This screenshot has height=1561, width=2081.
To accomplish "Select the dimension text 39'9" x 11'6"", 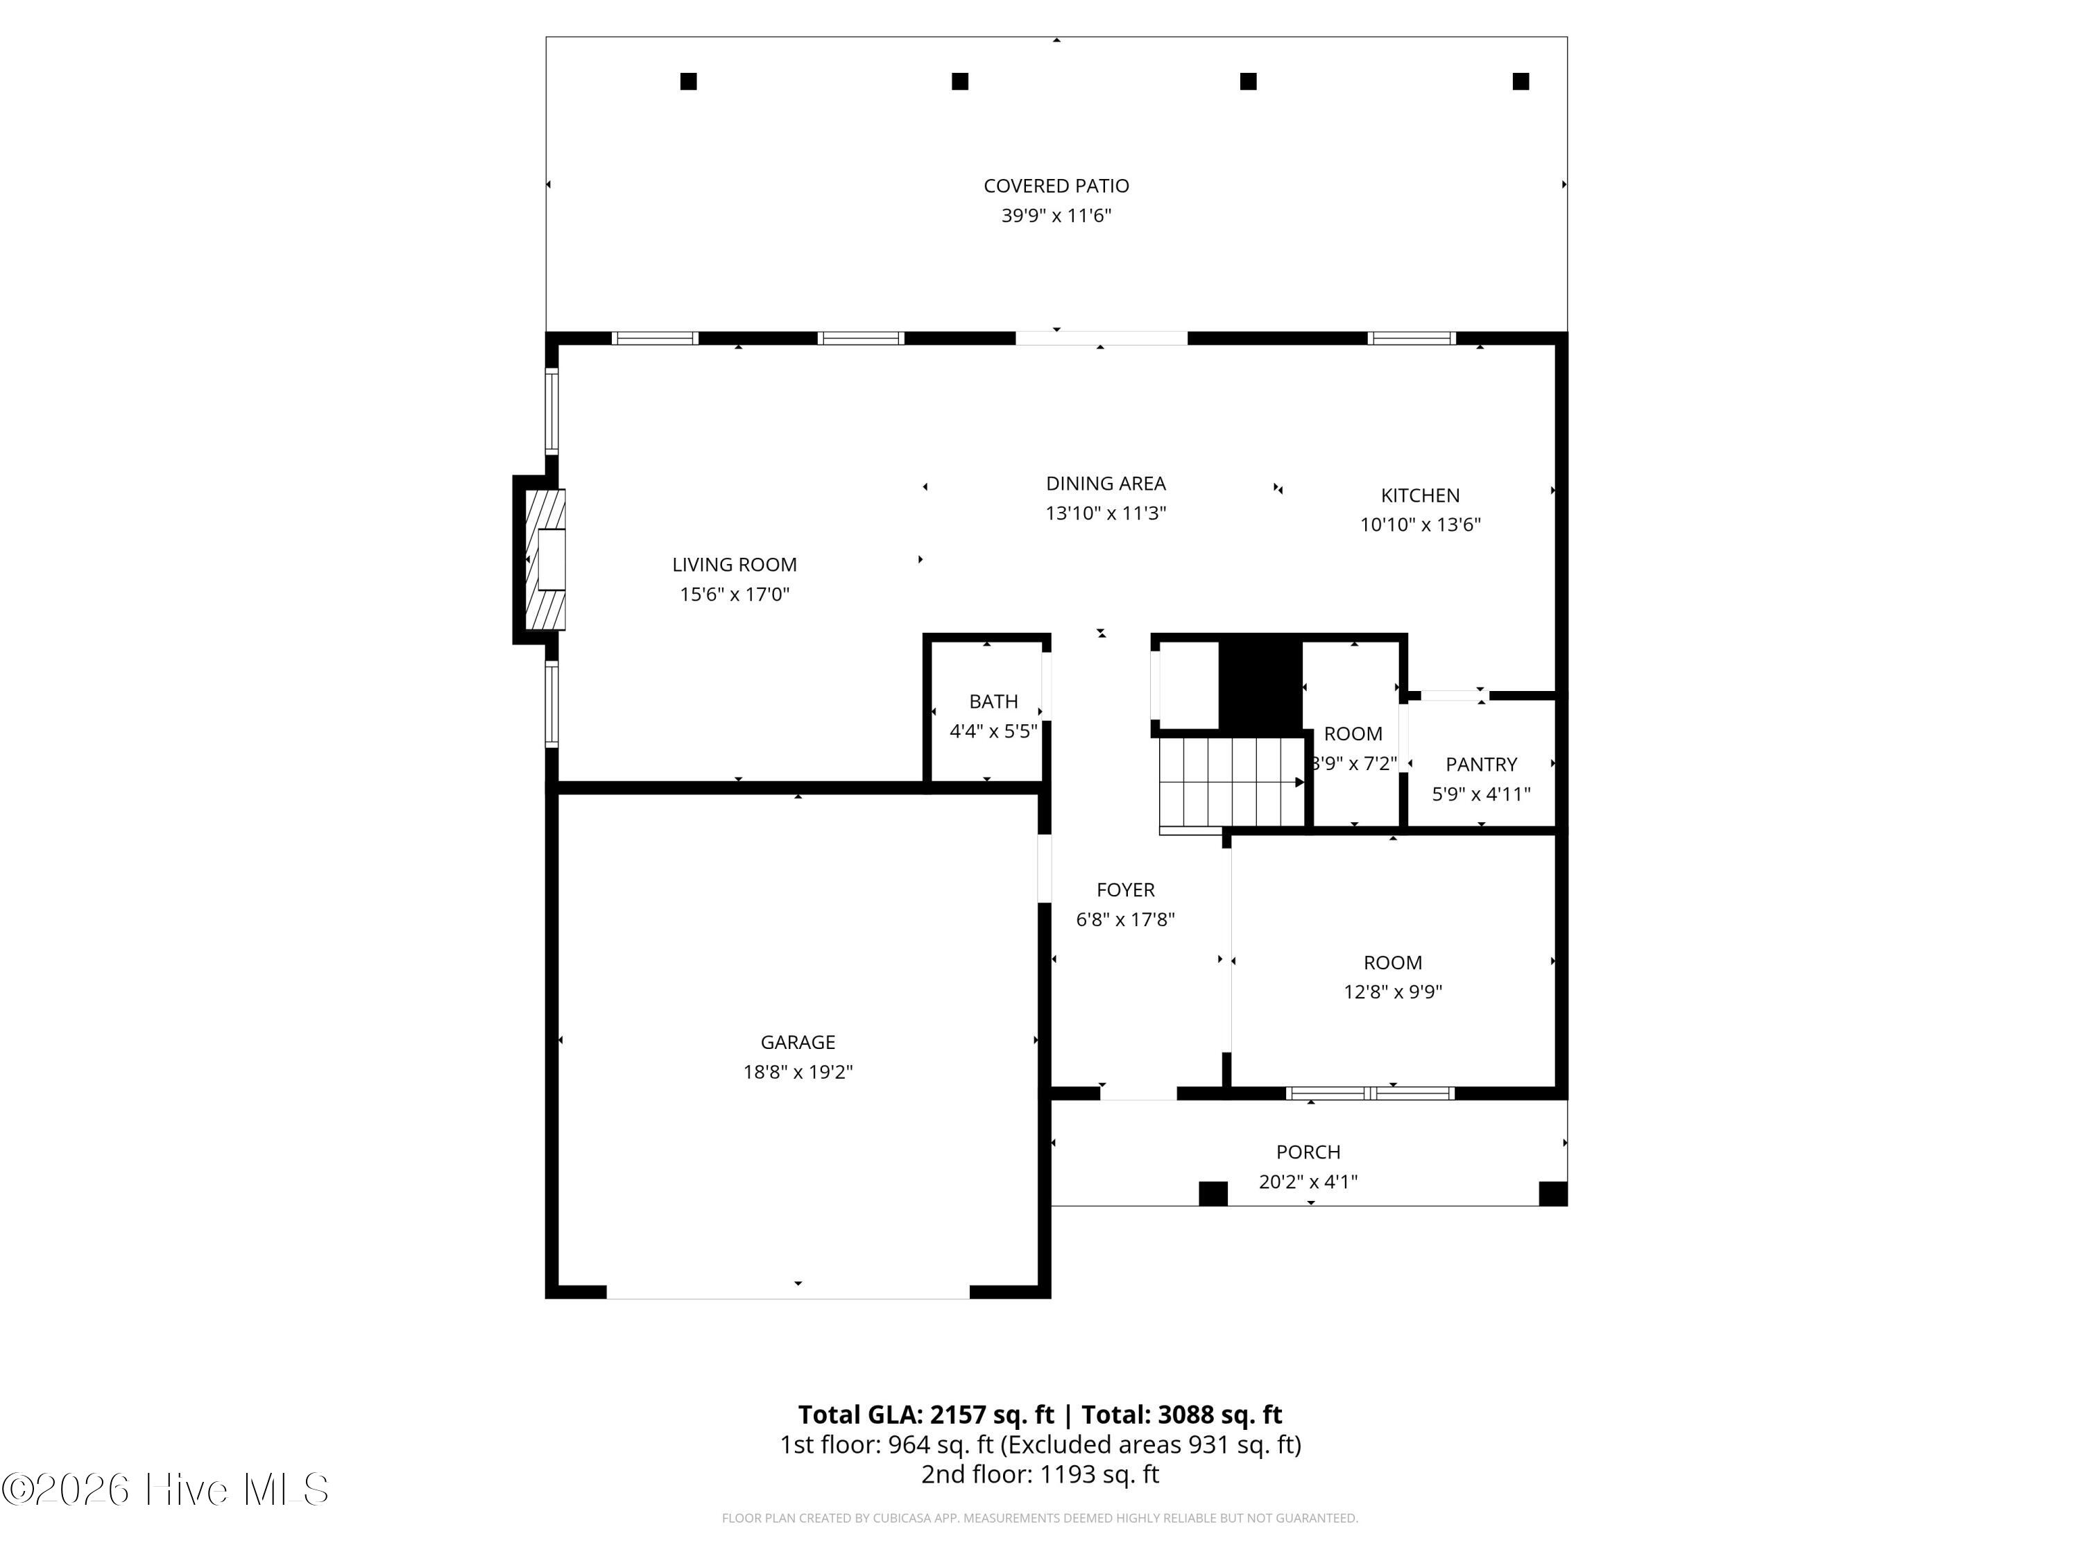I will point(1056,216).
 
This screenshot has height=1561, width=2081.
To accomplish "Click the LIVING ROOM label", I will point(734,565).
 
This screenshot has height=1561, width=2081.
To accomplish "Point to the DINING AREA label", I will point(1106,484).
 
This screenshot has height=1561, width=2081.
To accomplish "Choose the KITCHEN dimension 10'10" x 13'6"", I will point(1420,525).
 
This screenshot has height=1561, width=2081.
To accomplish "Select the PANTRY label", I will point(1481,764).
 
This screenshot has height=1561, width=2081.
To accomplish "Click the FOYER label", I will point(1125,889).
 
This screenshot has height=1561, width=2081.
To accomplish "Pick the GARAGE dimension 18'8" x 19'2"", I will point(798,1072).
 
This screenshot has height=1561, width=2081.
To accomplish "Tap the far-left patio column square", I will point(689,82).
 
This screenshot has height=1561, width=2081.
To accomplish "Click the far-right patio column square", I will point(1521,82).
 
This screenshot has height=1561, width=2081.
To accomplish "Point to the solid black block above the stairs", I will point(1260,685).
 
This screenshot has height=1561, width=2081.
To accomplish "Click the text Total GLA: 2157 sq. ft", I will point(926,1414).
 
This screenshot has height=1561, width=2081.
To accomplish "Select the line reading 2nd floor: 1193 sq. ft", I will point(1040,1474).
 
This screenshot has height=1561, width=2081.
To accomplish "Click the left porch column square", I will point(1213,1193).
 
